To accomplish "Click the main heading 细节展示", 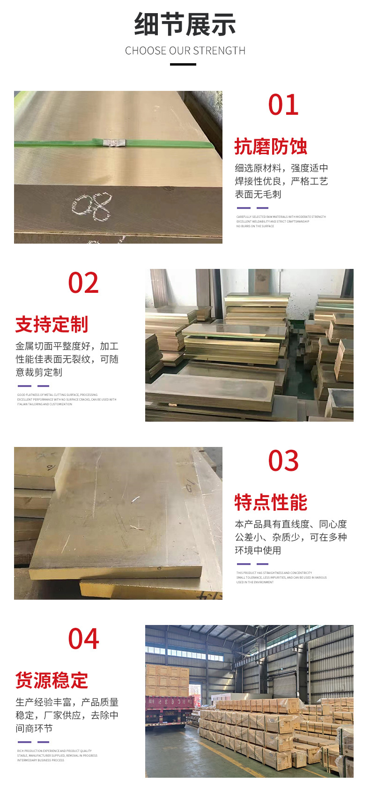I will pos(185,24).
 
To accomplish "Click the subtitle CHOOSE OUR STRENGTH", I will pos(185,51).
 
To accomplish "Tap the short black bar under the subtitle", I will pos(183,64).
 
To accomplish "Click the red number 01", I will pos(283,105).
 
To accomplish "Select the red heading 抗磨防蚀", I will pos(271,147).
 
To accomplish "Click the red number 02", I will pos(83,283).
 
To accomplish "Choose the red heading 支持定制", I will pos(52,324).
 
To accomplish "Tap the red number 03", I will pos(283,461).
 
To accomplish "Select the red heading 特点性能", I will pos(271,502).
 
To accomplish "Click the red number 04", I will pos(83,639).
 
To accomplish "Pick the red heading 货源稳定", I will pos(52,680).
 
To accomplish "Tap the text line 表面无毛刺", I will pos(258,194).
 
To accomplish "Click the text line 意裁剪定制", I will pos(39,372).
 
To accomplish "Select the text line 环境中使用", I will pos(258,551).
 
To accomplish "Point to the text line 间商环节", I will pos(34,729).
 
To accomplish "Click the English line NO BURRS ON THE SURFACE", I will pos(255,226).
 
